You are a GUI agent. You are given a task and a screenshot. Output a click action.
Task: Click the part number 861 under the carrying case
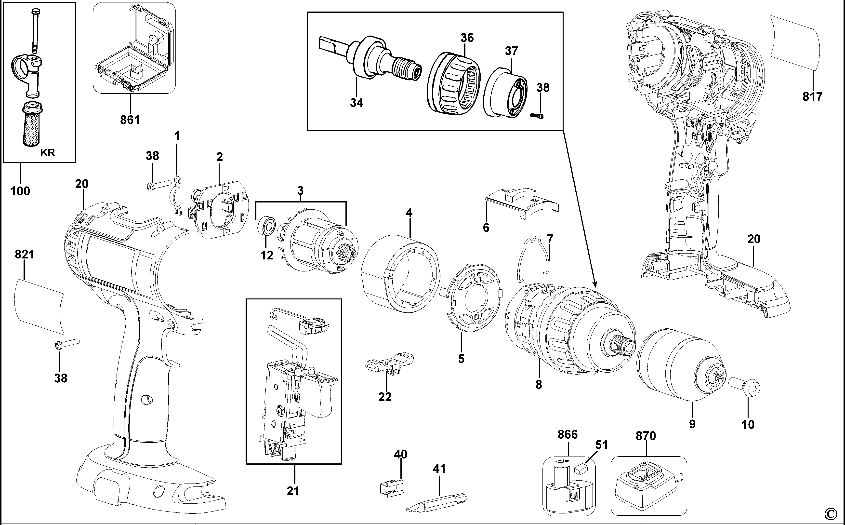coord(130,120)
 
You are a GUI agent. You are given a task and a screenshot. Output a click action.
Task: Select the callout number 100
coord(20,191)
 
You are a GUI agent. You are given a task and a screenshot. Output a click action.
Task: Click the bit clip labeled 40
coord(390,486)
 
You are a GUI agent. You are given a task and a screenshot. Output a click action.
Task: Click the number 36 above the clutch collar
coord(467,38)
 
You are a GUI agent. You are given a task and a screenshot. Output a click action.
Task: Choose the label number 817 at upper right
coord(812,96)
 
